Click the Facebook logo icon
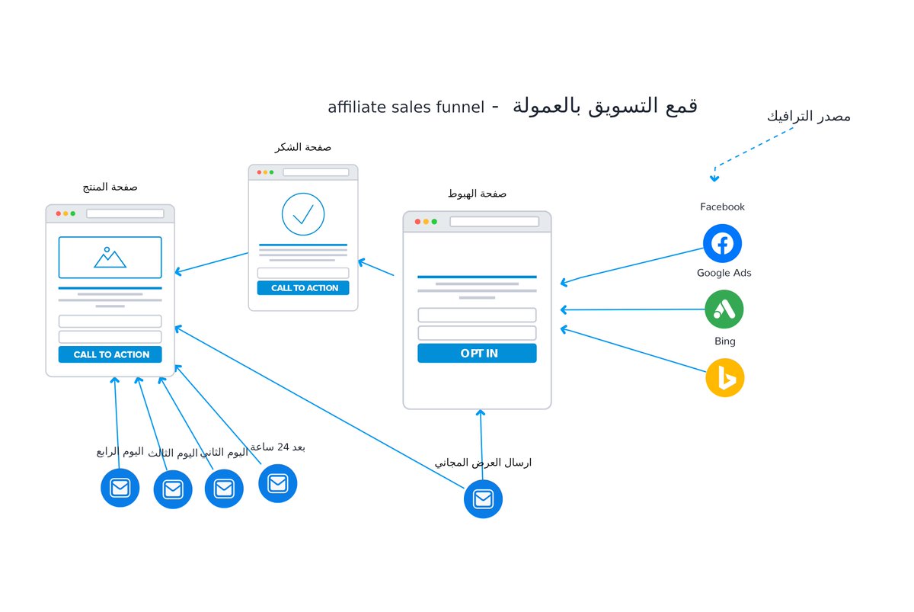click(x=722, y=243)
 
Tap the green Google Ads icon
click(x=724, y=309)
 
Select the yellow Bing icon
click(x=724, y=378)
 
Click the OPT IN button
click(x=477, y=353)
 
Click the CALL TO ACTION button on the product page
click(x=110, y=354)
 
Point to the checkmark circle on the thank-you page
click(x=303, y=214)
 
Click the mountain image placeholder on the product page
click(x=110, y=257)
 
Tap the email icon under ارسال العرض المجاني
click(x=483, y=499)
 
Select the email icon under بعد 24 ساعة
click(x=277, y=483)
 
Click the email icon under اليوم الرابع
click(x=120, y=488)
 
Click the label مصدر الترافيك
click(x=808, y=117)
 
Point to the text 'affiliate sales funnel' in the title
click(x=406, y=107)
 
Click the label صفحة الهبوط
click(x=477, y=194)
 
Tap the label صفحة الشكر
click(x=303, y=147)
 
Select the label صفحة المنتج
click(x=110, y=187)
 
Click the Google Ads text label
click(x=724, y=273)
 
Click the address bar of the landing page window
click(x=494, y=222)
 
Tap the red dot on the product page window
click(x=59, y=213)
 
